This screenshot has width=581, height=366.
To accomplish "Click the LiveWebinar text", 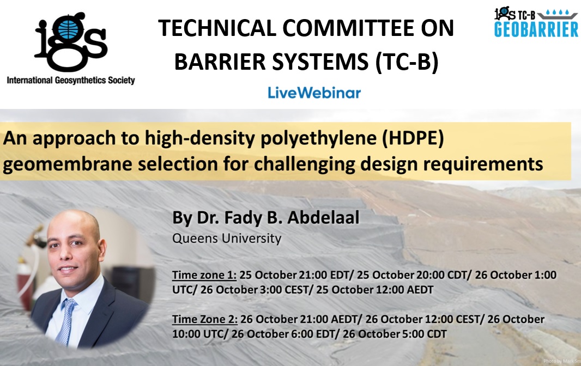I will click(314, 93).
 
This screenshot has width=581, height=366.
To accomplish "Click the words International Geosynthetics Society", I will click(71, 81).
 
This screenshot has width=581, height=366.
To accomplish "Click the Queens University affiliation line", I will click(226, 238).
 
